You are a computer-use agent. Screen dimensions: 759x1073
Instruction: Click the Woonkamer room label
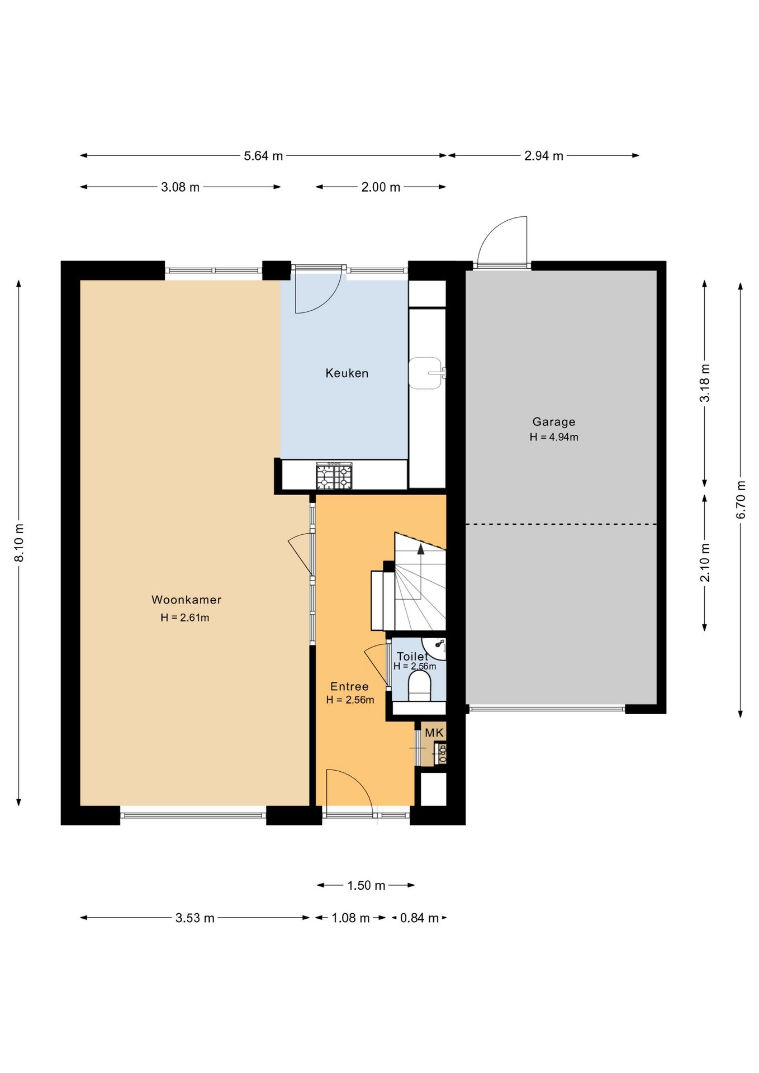point(186,600)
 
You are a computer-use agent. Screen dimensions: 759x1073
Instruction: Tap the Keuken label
point(347,373)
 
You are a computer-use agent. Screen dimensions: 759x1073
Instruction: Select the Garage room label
point(553,422)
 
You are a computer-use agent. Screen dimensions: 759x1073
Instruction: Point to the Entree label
point(349,686)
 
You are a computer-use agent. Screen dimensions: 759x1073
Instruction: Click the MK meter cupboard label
point(434,733)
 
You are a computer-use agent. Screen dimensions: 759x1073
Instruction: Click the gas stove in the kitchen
point(334,476)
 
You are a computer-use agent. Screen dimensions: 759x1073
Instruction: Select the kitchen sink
point(426,373)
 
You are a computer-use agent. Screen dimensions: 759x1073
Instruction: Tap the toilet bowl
point(419,685)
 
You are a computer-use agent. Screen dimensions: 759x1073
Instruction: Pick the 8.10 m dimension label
point(19,543)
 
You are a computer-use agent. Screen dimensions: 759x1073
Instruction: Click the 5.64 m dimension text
point(263,156)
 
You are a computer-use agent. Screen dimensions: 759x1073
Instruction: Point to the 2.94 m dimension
point(543,156)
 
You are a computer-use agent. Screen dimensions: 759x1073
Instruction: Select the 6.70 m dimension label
point(741,500)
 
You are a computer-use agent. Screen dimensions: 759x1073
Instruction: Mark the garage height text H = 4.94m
point(554,437)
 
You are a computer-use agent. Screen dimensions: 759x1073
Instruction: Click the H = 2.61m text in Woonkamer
point(185,618)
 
